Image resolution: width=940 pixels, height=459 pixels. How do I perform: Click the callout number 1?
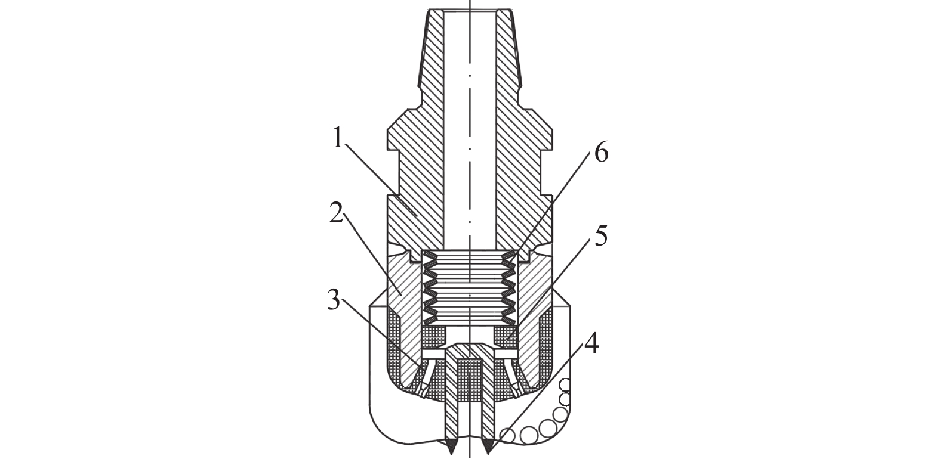click(338, 140)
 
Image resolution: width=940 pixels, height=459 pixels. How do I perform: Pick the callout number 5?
click(600, 237)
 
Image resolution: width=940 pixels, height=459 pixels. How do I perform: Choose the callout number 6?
click(600, 153)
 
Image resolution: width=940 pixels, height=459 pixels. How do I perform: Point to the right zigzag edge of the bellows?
click(509, 283)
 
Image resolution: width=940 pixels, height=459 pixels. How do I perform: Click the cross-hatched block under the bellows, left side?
click(434, 337)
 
